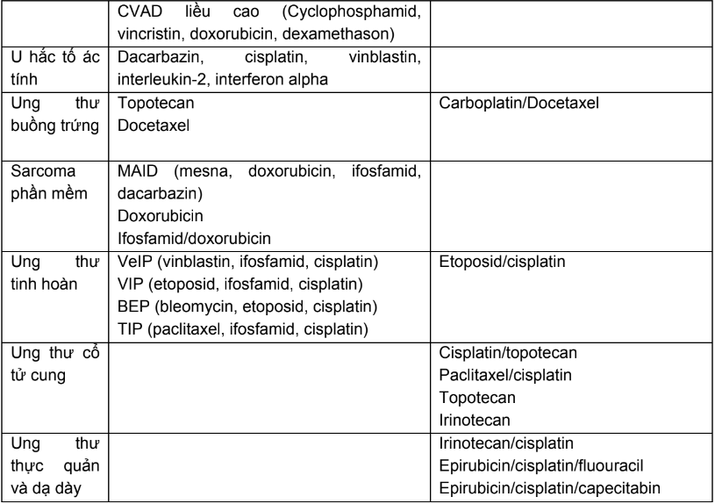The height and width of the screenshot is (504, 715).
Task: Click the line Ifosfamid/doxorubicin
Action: [182, 237]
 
